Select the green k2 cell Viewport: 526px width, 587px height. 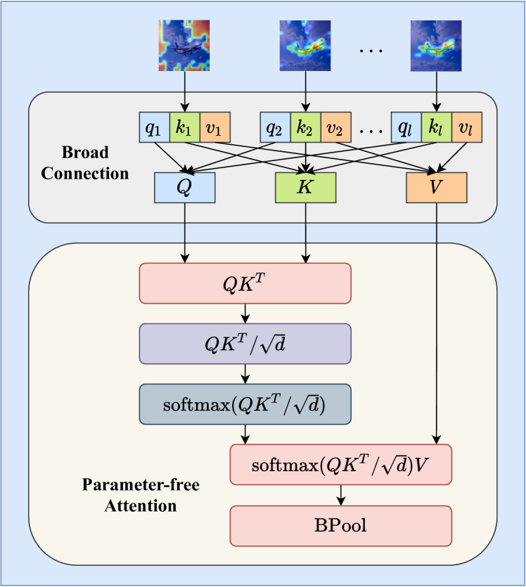(305, 127)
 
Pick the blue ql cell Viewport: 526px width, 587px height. (406, 127)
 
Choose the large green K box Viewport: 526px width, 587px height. (305, 187)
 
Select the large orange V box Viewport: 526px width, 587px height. (437, 187)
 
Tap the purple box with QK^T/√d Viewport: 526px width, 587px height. (245, 344)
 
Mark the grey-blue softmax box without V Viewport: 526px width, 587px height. (245, 404)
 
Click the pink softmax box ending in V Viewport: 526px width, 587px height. (340, 465)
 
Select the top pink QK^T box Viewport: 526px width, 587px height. (245, 283)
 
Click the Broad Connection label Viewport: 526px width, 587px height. (84, 163)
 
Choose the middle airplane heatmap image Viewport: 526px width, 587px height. (305, 45)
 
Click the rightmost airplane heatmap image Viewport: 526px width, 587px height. (436, 45)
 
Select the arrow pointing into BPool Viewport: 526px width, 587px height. (340, 496)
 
